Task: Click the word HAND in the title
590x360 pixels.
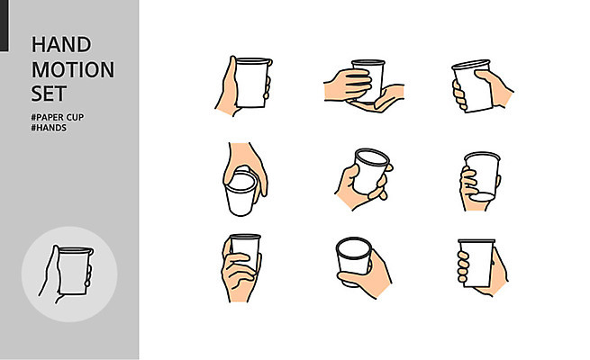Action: (x=61, y=44)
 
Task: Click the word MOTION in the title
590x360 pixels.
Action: (x=73, y=69)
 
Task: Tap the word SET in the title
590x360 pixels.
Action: (x=49, y=94)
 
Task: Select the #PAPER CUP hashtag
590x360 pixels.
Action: (x=57, y=117)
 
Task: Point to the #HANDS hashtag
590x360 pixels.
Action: (x=49, y=128)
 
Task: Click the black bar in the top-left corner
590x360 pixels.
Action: (x=5, y=25)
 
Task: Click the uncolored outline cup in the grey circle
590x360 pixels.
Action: (x=74, y=271)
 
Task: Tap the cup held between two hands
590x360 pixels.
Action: (x=368, y=81)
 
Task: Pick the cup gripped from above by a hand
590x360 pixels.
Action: (x=241, y=193)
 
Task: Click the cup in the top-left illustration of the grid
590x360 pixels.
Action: (x=252, y=83)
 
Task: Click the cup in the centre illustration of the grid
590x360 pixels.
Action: (x=370, y=171)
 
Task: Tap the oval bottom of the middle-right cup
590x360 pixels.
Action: (x=483, y=197)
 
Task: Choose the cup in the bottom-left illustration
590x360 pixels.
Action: (x=245, y=251)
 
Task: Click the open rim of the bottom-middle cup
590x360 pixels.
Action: (x=354, y=248)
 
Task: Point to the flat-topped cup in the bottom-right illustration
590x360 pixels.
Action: (x=477, y=263)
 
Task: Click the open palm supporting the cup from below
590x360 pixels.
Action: (x=379, y=100)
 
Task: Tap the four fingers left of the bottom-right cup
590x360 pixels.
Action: (x=463, y=267)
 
